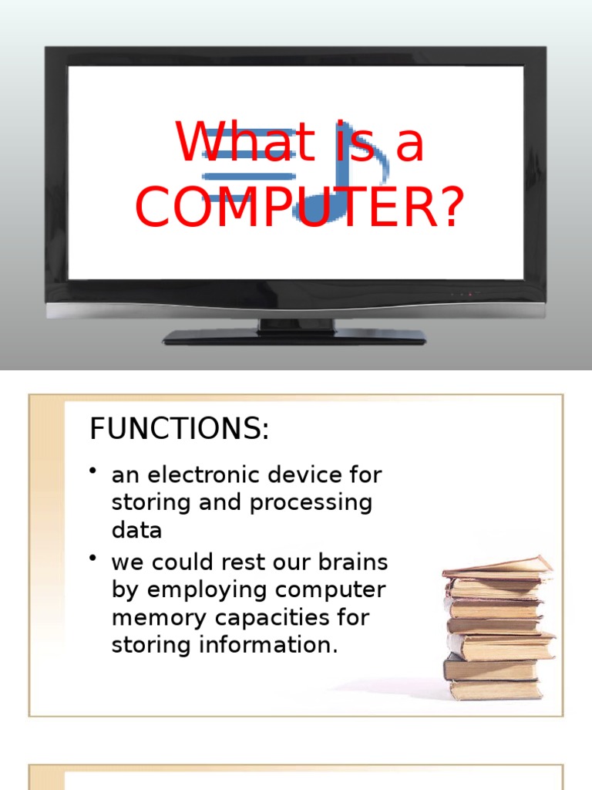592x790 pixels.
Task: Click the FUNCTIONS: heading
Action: pos(180,429)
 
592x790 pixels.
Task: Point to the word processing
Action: pos(311,503)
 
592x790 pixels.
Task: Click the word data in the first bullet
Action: pos(136,531)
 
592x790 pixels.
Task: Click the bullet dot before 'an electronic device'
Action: pos(93,471)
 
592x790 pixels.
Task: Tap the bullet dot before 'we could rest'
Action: pos(93,558)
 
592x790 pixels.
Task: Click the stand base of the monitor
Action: pos(294,336)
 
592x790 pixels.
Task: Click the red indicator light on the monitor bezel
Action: pos(469,294)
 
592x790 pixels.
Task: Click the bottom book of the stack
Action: pos(494,689)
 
